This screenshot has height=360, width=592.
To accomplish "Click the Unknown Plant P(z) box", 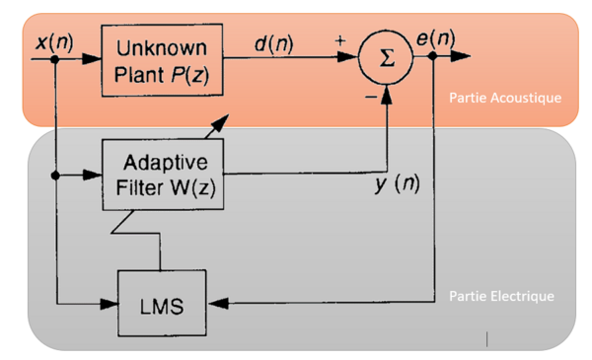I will coord(162,61).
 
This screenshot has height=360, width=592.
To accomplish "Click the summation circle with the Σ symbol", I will coord(387,57).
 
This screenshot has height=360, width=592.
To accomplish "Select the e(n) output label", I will coord(434,38).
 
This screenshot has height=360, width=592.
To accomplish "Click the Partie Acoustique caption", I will coord(504,98).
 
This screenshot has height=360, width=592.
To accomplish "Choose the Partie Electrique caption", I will coord(501,296).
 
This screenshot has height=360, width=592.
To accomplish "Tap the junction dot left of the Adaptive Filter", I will coord(56,176).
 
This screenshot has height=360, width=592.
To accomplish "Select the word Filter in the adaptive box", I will coord(143,185).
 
